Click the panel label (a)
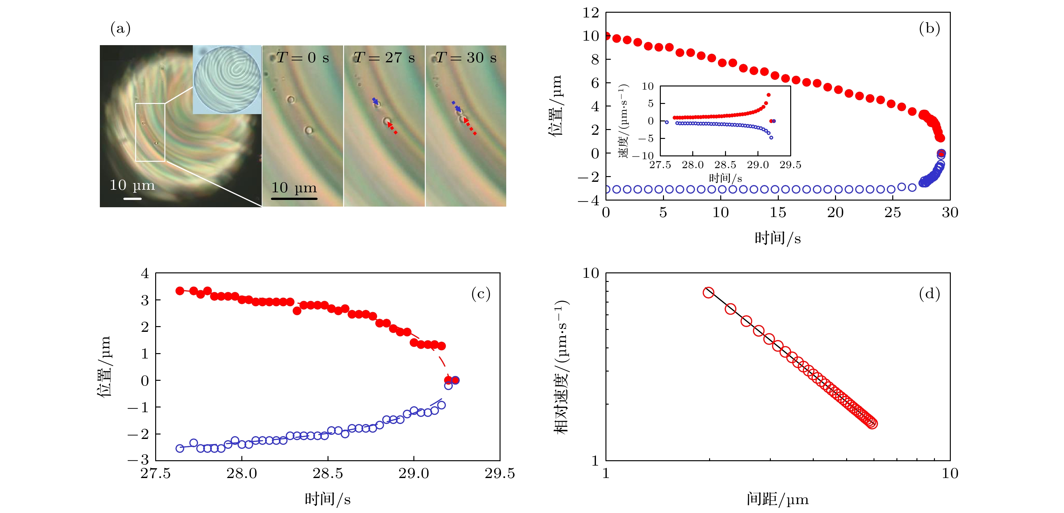coord(120,29)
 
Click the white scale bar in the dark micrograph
coord(132,199)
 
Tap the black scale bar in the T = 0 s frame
coord(294,199)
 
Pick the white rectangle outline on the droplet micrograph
coord(150,132)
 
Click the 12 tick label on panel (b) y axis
coord(591,13)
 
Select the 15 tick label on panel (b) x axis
coord(778,213)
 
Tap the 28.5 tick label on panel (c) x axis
coord(328,473)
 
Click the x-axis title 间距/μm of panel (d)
coord(777,499)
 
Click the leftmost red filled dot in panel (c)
coord(180,291)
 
